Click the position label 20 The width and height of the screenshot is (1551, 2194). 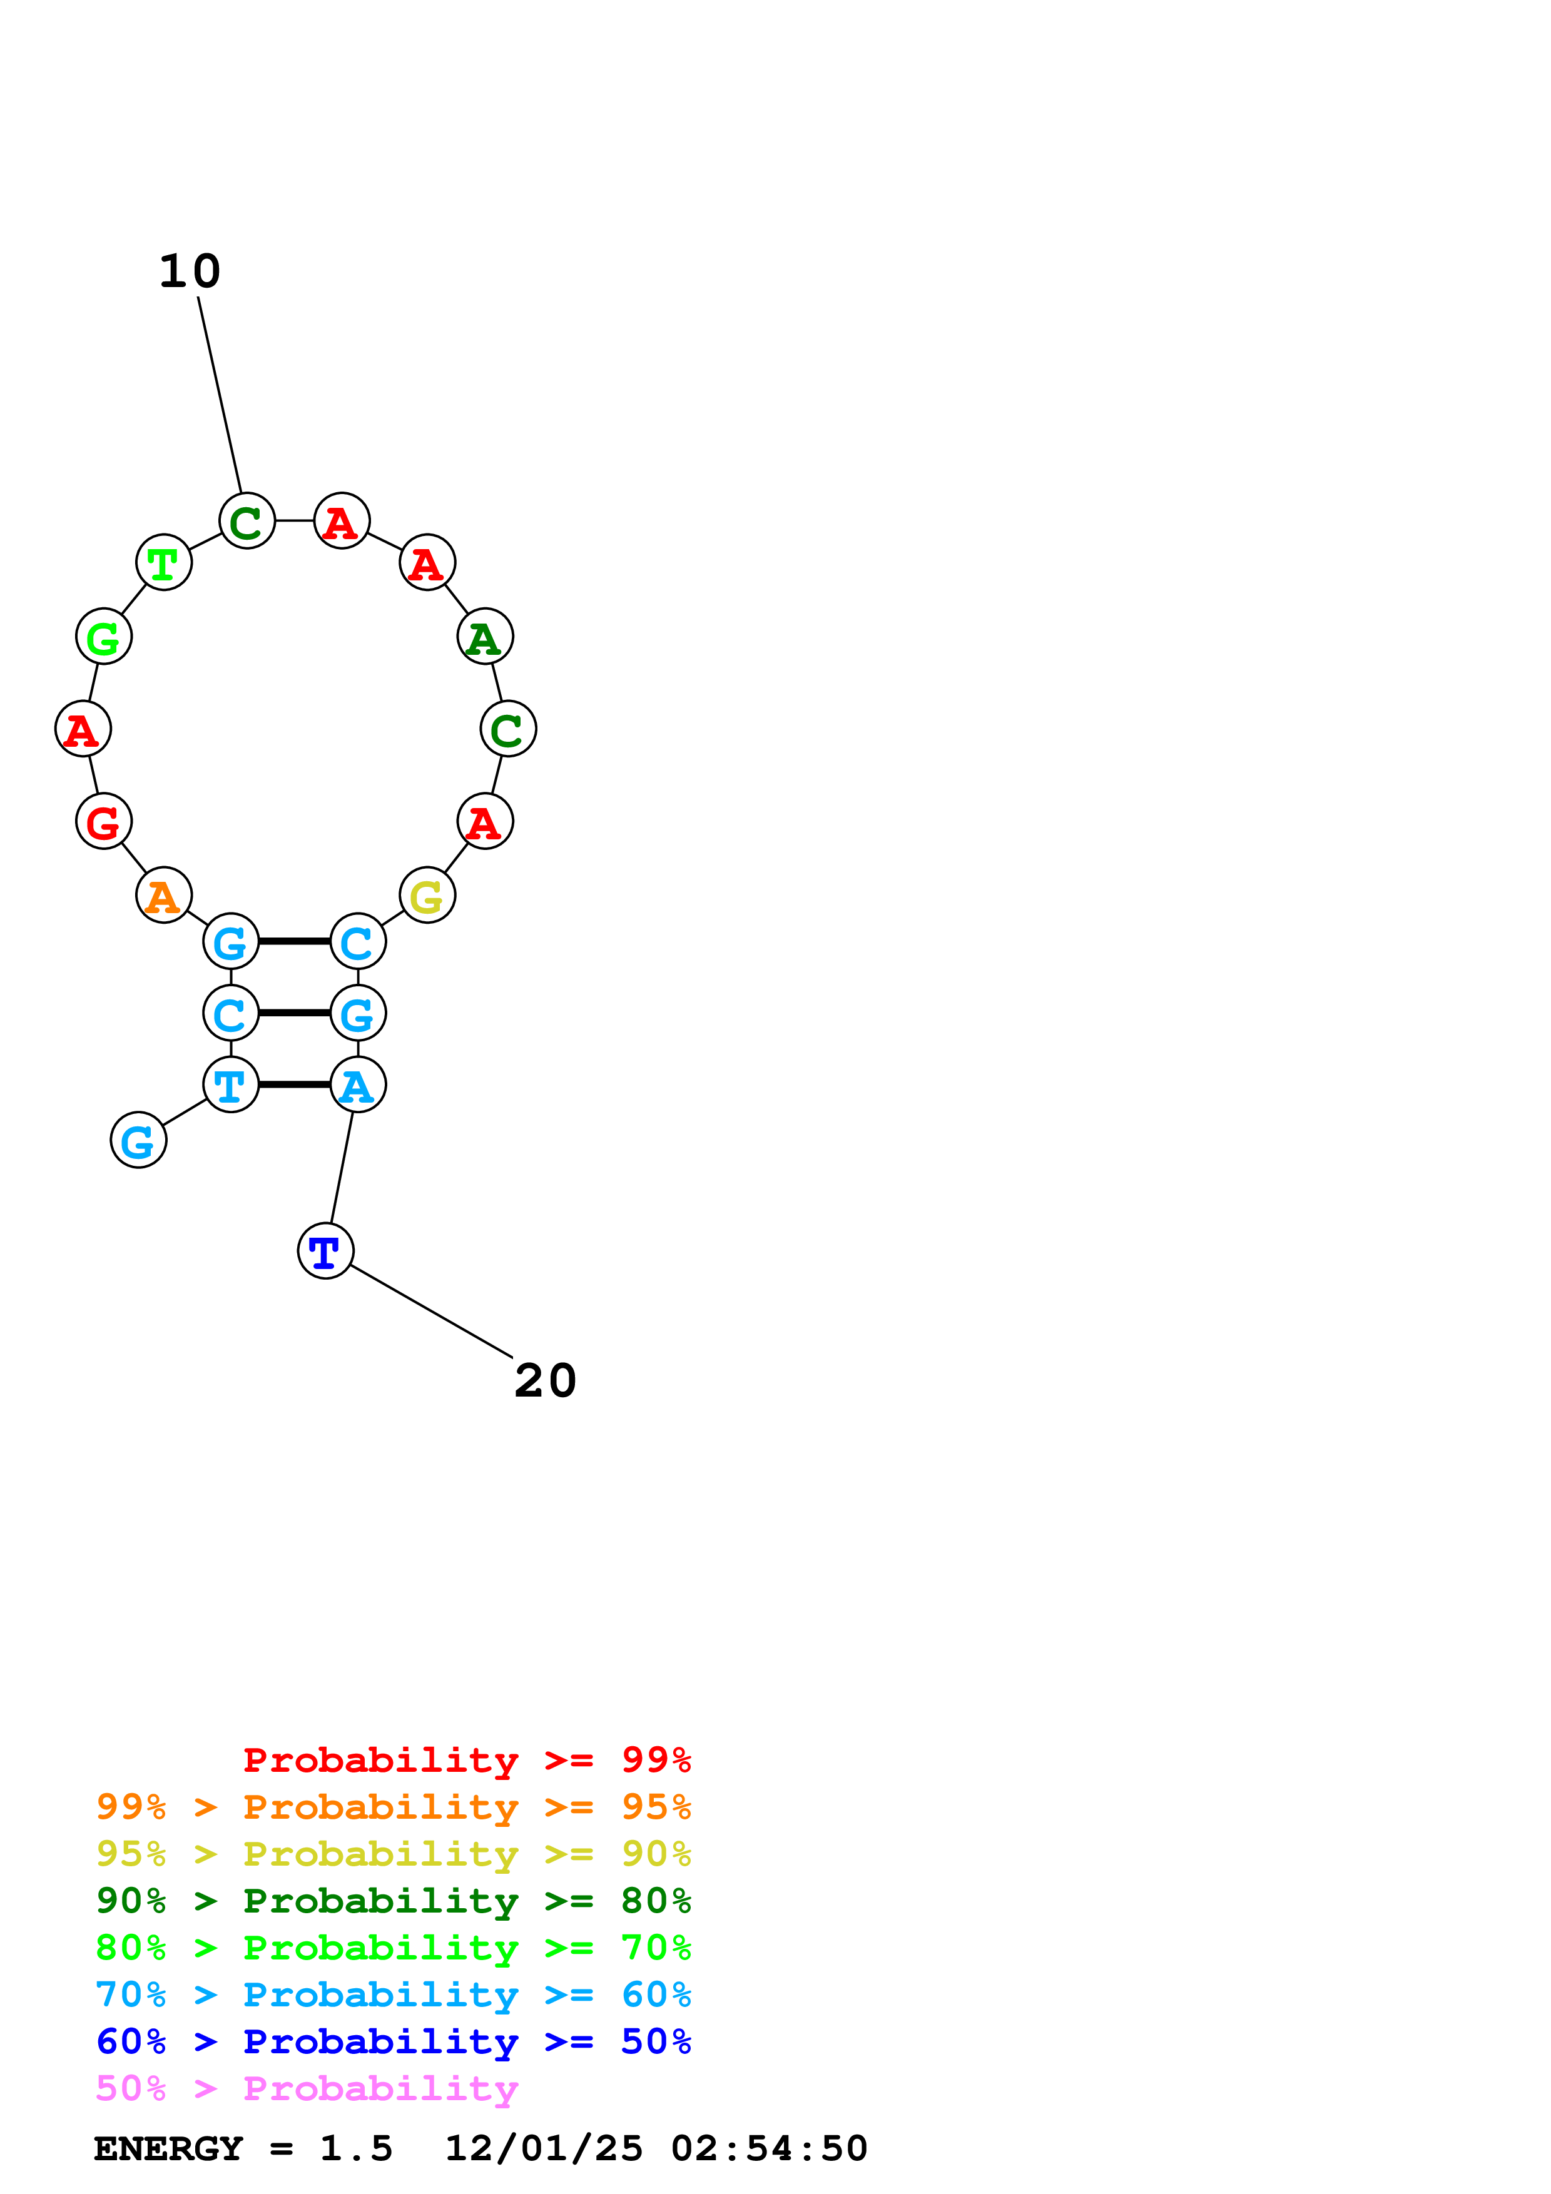(x=545, y=1381)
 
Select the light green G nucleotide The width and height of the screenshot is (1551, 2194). (x=103, y=637)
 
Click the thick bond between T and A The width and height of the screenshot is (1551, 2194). (x=294, y=1084)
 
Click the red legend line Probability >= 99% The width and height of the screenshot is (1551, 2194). (x=467, y=1760)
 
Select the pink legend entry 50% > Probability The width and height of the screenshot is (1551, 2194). (x=307, y=2089)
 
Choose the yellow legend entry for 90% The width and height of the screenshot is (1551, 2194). (x=394, y=1854)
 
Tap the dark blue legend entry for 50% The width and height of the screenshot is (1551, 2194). (x=394, y=2042)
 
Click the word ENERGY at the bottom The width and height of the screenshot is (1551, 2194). (x=168, y=2149)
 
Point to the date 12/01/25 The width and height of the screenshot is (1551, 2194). (x=544, y=2149)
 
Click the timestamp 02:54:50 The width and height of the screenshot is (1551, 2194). (x=770, y=2149)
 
